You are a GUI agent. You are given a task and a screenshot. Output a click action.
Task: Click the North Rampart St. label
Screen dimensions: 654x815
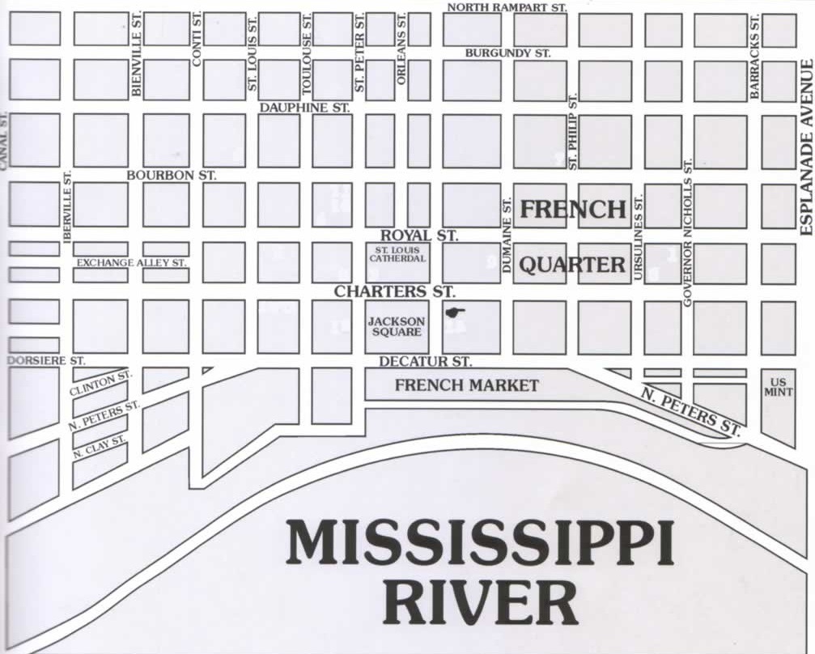[507, 7]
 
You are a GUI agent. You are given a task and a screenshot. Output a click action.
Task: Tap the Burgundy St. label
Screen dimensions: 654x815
[507, 53]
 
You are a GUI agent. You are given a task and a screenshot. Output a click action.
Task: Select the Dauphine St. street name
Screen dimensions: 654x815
[304, 107]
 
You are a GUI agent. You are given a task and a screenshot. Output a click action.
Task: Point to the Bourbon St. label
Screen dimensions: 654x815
[172, 175]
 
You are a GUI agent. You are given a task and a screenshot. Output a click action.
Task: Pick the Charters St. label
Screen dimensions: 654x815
[395, 291]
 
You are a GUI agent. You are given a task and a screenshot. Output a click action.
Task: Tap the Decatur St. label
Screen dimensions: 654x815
[425, 361]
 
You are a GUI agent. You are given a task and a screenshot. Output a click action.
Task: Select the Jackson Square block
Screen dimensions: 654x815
[397, 326]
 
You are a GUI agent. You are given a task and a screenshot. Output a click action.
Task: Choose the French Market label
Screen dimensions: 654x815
[466, 385]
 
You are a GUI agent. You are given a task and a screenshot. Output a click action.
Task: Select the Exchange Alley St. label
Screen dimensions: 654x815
[131, 263]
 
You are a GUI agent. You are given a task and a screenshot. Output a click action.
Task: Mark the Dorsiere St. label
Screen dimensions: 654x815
[45, 360]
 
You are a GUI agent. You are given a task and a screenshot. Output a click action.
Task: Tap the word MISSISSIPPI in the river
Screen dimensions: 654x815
[479, 545]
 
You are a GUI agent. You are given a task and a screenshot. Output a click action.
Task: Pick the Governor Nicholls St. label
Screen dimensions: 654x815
[688, 232]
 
